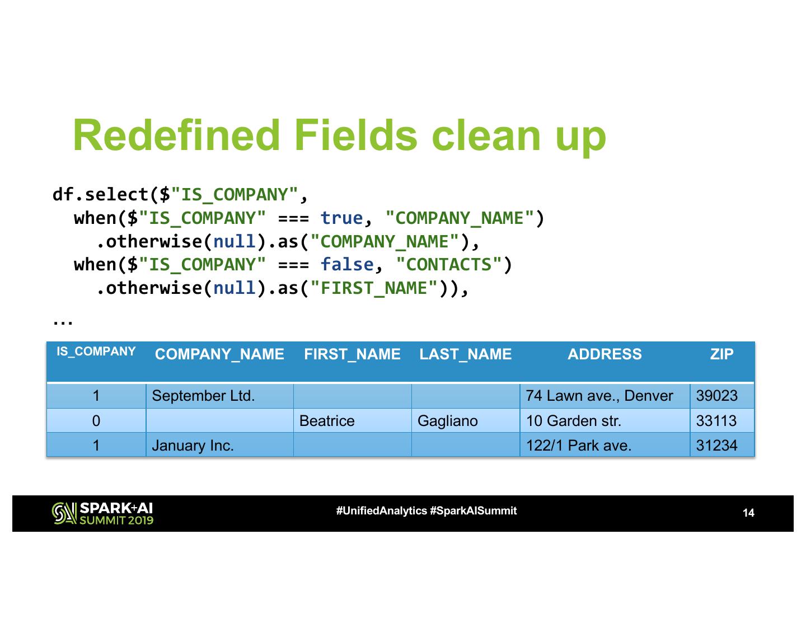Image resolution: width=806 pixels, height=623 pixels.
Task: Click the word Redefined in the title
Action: (x=176, y=135)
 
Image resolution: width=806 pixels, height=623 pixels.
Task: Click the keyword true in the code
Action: (x=341, y=218)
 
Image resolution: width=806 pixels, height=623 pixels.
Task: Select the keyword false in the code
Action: (x=346, y=265)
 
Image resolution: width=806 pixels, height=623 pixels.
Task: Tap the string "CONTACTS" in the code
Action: (x=448, y=265)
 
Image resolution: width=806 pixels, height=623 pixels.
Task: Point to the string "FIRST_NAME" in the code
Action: (x=374, y=288)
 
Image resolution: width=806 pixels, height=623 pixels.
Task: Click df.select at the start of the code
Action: (x=100, y=195)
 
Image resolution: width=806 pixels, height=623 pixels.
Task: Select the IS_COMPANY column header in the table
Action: (x=96, y=352)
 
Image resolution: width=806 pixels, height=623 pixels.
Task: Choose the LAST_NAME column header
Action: (x=465, y=354)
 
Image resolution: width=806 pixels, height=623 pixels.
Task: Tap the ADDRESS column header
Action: (x=604, y=354)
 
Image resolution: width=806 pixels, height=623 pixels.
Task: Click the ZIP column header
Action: (x=721, y=354)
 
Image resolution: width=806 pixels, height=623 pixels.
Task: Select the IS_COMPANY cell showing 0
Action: (x=96, y=421)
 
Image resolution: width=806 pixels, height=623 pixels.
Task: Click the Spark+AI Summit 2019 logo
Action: (x=102, y=513)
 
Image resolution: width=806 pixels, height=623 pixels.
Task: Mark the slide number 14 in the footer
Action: (x=748, y=513)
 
